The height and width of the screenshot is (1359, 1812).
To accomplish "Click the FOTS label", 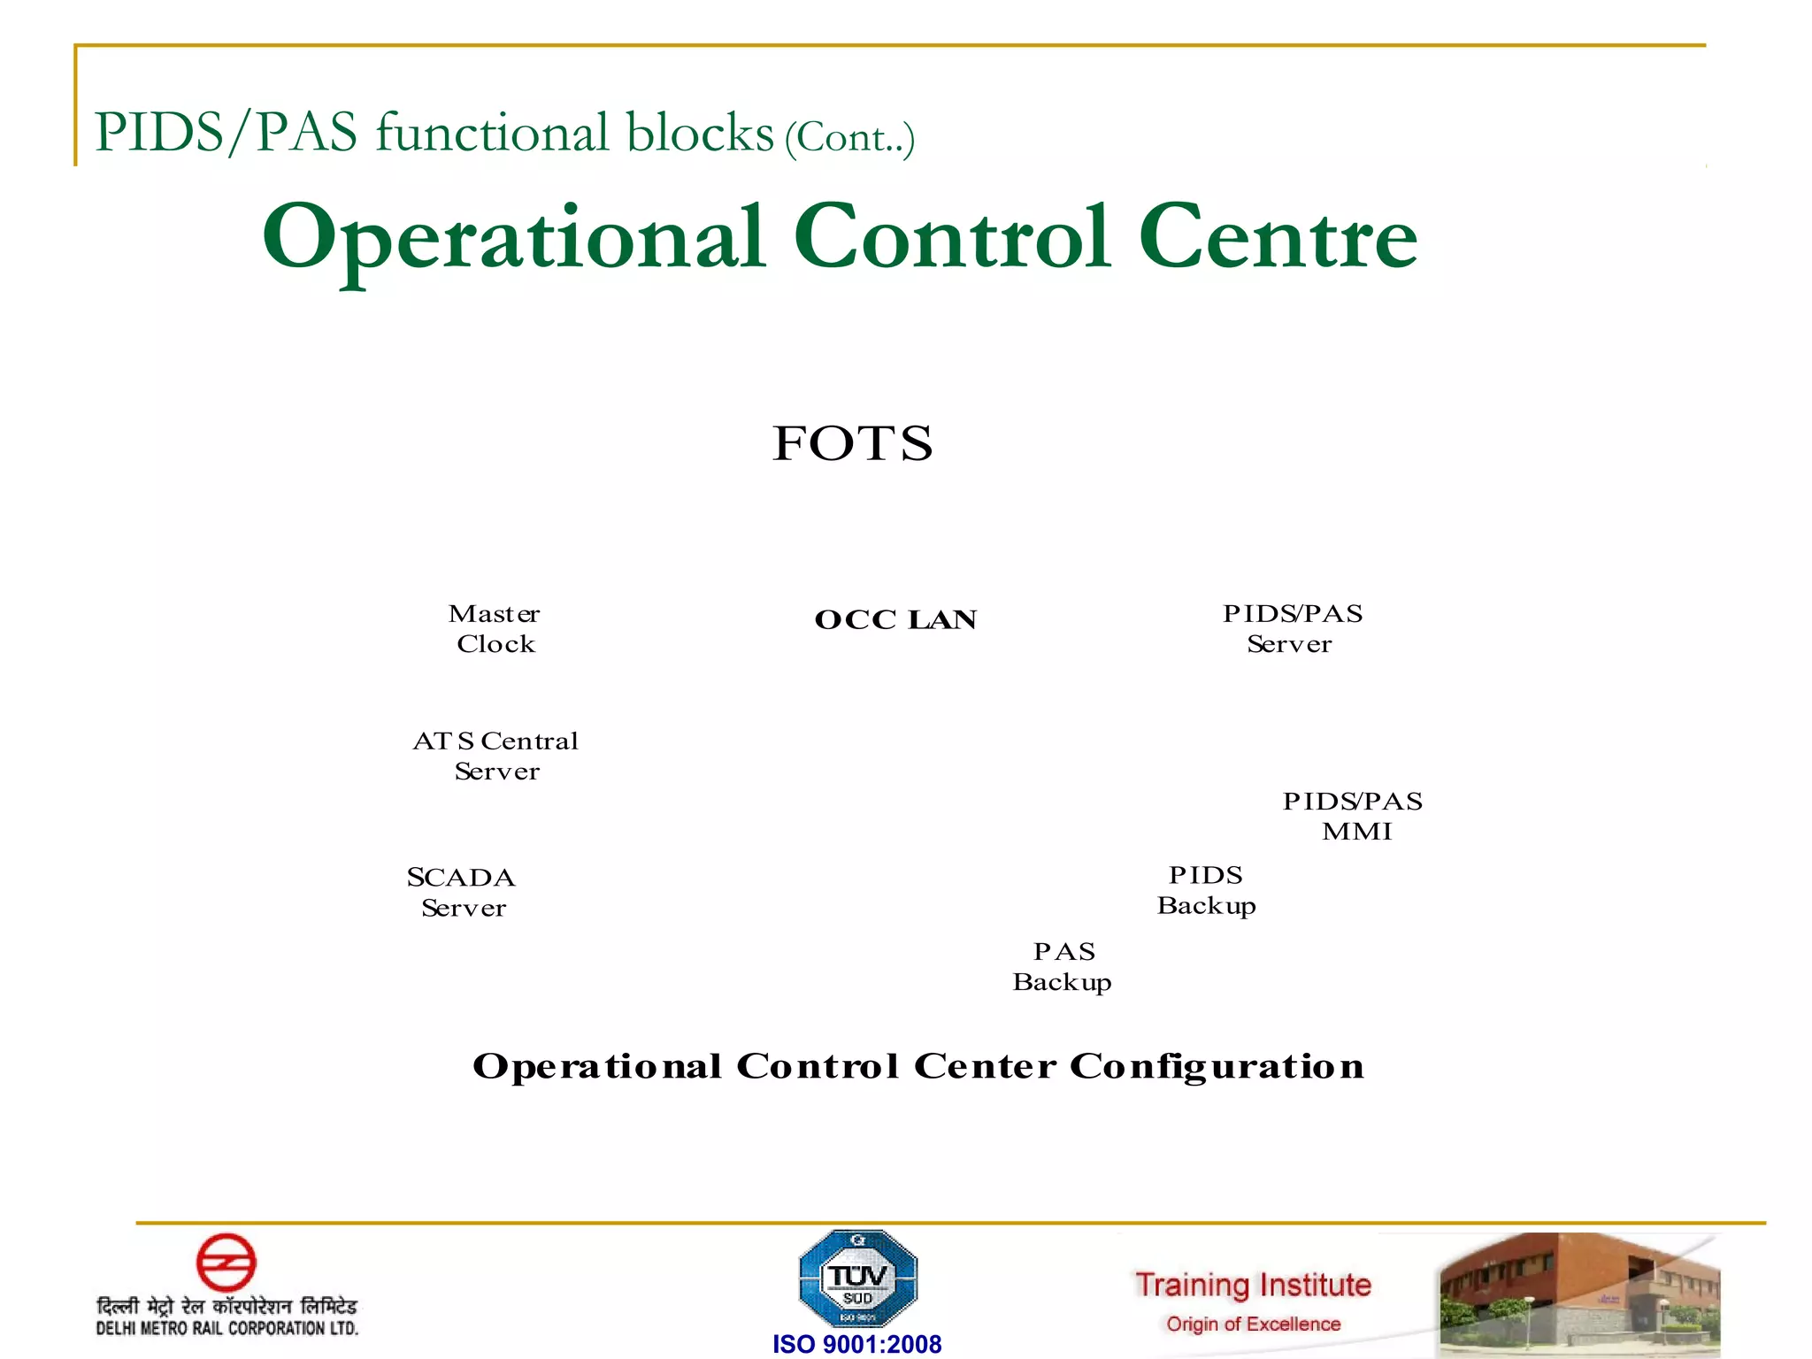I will (x=852, y=443).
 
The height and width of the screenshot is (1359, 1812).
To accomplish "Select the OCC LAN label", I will (x=895, y=619).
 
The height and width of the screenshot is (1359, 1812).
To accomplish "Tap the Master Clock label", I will (x=495, y=628).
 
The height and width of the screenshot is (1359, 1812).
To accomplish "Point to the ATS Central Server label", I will (x=495, y=756).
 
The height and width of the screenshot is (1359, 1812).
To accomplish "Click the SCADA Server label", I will (x=462, y=892).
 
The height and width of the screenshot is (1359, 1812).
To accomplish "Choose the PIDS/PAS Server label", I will (x=1292, y=628).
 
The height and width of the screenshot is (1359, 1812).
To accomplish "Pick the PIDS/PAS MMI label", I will (x=1354, y=816).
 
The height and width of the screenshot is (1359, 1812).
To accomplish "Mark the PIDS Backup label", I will (x=1206, y=890).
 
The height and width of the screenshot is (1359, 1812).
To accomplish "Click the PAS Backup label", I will (x=1063, y=966).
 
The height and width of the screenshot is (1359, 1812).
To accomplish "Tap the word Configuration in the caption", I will (x=1217, y=1067).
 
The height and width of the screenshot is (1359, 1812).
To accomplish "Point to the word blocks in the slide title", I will (x=700, y=134).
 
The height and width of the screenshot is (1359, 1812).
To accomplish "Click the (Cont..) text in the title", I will (x=849, y=138).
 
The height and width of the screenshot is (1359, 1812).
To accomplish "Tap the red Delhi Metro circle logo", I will (x=226, y=1263).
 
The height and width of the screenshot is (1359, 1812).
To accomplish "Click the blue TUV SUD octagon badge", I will (x=857, y=1278).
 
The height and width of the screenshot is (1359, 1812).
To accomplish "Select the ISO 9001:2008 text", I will (x=856, y=1344).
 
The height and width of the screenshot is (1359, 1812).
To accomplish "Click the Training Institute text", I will (x=1253, y=1285).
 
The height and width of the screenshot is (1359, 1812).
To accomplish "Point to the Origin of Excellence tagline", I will (x=1253, y=1324).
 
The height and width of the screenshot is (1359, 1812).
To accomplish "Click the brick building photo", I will (x=1579, y=1294).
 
